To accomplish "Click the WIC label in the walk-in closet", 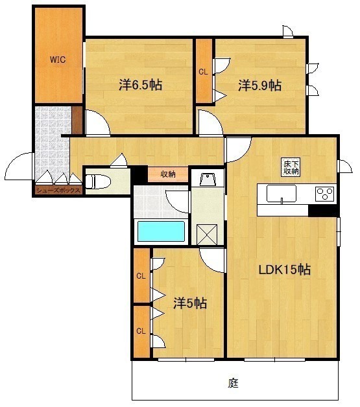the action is (58, 60).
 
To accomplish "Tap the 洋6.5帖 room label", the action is (141, 85).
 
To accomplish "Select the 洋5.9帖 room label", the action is (259, 86).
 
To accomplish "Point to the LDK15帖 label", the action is (284, 270).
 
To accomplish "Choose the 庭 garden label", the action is (233, 383).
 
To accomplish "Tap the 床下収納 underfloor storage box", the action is (291, 167).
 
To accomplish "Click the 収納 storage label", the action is (168, 174).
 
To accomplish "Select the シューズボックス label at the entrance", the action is (58, 191).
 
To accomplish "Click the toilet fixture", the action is (98, 181).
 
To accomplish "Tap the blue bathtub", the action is (161, 231).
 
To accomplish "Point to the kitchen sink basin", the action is (282, 194).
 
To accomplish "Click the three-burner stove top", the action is (325, 194).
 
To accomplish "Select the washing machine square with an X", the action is (207, 235).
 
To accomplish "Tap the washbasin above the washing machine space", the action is (208, 180).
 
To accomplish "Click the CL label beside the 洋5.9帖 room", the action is (204, 72).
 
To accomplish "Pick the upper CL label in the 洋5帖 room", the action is (141, 276).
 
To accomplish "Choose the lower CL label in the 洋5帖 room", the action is (141, 331).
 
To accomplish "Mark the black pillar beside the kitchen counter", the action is (324, 211).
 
